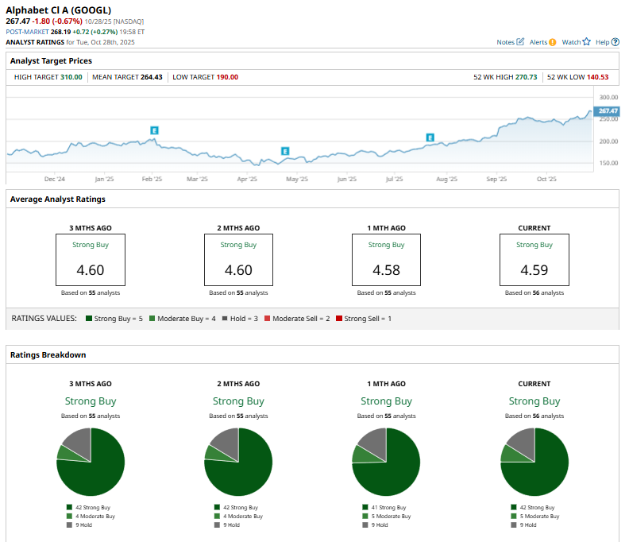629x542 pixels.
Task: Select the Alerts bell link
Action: pos(542,41)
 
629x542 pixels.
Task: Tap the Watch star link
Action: pos(576,41)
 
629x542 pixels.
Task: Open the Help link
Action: pos(606,41)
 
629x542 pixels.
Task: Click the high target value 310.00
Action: pos(71,77)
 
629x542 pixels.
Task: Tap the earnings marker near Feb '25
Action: pos(155,130)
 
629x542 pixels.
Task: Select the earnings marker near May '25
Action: pos(284,151)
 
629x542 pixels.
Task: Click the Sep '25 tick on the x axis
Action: pos(496,180)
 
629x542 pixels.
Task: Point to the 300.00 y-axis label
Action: pos(608,97)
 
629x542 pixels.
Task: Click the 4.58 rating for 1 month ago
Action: pos(386,270)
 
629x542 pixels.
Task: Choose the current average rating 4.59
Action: pos(534,270)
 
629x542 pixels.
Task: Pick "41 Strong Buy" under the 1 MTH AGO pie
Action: pos(388,507)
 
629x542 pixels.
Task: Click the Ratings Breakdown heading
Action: pos(48,354)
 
